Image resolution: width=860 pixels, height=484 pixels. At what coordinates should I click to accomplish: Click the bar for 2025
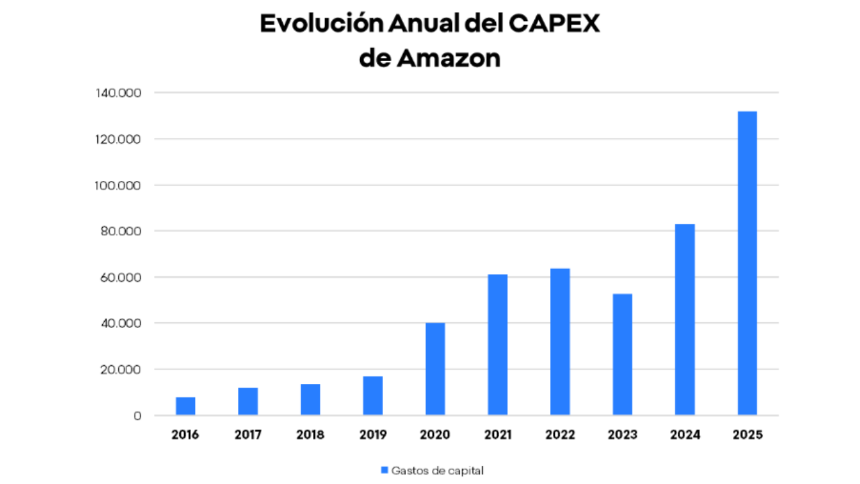click(x=747, y=263)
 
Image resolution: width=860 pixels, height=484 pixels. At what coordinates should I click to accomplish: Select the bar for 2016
click(x=185, y=406)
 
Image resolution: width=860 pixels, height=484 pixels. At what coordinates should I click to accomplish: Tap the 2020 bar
click(x=435, y=369)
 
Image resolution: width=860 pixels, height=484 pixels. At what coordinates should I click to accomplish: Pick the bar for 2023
click(x=622, y=354)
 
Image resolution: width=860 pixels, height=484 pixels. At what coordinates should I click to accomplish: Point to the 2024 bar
click(x=685, y=319)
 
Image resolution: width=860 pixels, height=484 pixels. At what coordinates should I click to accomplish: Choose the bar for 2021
click(x=497, y=344)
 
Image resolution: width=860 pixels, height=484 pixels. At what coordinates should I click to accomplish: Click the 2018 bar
click(x=310, y=399)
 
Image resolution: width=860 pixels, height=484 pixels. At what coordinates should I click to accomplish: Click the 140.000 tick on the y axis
click(x=119, y=93)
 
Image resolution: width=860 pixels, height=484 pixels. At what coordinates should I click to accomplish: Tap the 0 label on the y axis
click(x=138, y=416)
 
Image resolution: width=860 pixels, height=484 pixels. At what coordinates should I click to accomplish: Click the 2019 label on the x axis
click(x=372, y=435)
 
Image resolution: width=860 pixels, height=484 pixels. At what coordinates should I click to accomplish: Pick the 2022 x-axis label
click(x=560, y=435)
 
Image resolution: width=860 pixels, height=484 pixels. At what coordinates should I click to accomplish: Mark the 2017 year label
click(x=248, y=435)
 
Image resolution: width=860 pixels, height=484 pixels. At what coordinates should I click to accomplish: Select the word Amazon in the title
click(x=449, y=58)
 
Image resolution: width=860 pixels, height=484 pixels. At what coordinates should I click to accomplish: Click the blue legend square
click(x=385, y=470)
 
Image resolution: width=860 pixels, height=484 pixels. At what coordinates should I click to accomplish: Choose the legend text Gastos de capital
click(x=437, y=470)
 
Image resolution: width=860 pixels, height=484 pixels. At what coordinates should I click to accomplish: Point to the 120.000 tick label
click(x=119, y=139)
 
